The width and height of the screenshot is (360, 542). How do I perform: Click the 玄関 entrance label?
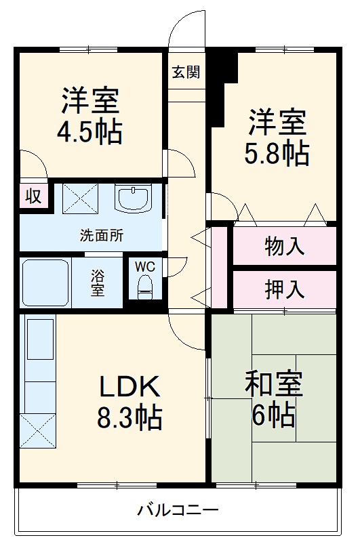[185, 72]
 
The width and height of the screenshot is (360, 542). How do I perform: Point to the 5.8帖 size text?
[277, 154]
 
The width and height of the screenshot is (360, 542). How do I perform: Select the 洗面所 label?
[102, 236]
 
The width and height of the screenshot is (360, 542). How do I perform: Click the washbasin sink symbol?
[134, 197]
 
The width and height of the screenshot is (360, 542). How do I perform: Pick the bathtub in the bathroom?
[46, 282]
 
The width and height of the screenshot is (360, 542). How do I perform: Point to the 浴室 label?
[99, 283]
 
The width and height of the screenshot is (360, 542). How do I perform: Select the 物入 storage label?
[284, 247]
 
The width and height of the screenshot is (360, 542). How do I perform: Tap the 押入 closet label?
[284, 289]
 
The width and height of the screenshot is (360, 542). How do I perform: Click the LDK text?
[130, 387]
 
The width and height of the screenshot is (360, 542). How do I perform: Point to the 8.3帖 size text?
[129, 417]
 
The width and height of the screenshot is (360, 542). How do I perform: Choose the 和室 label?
[273, 383]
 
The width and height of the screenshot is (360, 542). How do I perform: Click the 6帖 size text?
[273, 413]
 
